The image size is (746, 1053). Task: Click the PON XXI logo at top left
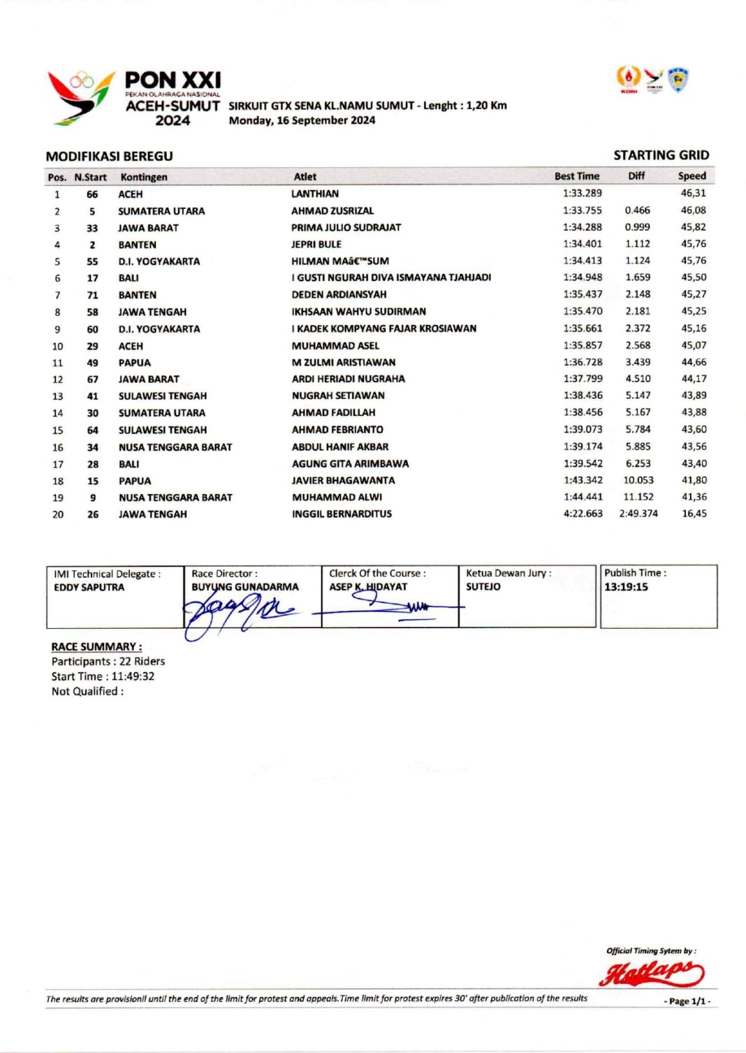133,98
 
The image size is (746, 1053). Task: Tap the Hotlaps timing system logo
651,973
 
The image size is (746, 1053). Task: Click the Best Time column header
577,176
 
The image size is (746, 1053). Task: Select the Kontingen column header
144,177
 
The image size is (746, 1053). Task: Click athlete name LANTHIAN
315,194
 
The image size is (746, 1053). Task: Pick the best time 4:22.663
583,514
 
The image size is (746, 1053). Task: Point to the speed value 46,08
693,210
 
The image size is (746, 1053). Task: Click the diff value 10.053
638,480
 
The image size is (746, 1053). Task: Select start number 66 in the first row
92,194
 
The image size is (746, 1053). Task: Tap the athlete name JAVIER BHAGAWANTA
343,481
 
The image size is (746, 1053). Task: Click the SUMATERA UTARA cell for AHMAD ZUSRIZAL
161,211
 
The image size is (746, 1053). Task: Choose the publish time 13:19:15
626,587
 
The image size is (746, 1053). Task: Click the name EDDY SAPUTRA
89,588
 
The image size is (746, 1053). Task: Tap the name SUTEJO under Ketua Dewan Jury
483,587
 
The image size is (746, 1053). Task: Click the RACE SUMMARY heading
96,647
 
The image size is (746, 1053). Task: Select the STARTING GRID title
661,155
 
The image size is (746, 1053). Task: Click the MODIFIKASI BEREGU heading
109,157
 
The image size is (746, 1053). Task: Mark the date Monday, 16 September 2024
302,120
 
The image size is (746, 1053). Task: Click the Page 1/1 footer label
687,1001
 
